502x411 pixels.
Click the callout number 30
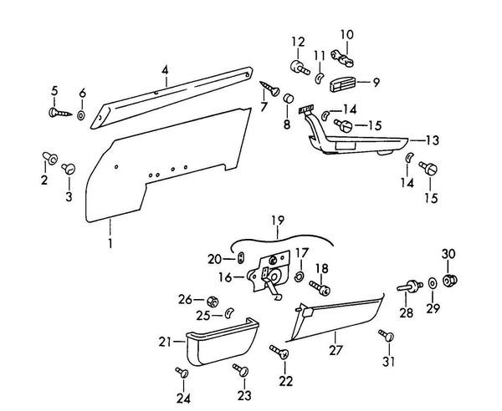click(x=448, y=253)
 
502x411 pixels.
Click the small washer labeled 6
click(x=81, y=113)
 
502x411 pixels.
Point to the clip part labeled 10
click(x=342, y=57)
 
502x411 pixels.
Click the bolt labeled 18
click(x=319, y=287)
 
